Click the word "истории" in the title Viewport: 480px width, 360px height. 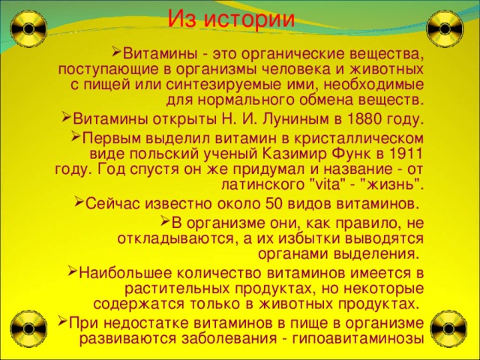click(253, 17)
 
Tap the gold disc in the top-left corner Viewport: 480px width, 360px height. click(29, 29)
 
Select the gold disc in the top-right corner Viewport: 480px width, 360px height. click(444, 29)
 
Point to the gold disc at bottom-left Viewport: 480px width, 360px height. click(29, 325)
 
